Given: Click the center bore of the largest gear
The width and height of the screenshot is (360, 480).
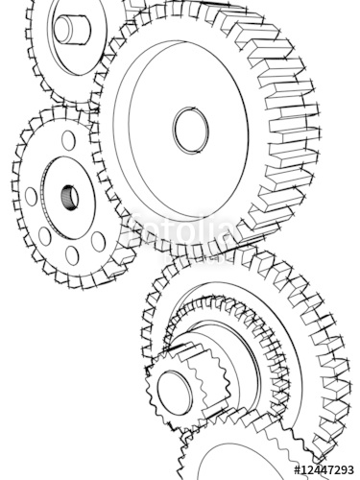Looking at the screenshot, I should point(189,129).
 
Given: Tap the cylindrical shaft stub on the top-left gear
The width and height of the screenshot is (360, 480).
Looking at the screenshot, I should point(71,28).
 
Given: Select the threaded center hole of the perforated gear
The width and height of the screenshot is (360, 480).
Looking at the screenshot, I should point(69,198).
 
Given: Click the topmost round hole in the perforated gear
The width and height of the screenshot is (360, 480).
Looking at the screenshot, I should point(68,141).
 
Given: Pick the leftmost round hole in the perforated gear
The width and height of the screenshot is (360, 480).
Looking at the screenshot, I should point(32,197).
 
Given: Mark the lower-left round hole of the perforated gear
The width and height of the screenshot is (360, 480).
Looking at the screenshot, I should point(44,236).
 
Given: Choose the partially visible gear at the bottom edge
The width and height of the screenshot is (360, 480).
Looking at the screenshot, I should point(240,456).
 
